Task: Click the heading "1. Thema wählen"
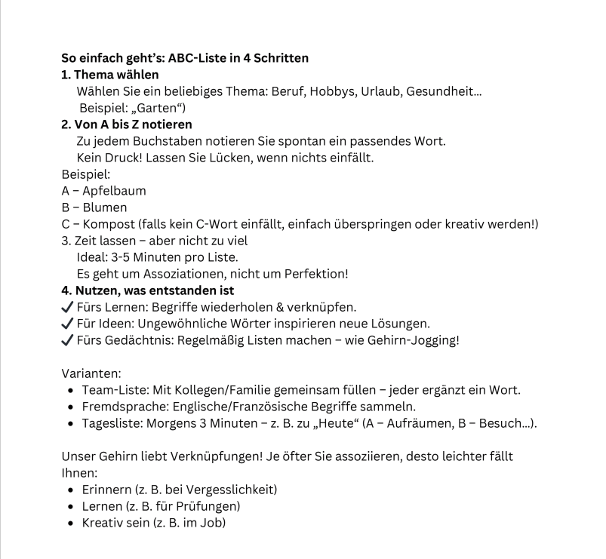click(x=109, y=75)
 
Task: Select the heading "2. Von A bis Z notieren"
click(x=126, y=124)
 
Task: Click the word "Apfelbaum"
click(x=114, y=191)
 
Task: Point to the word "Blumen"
click(x=104, y=207)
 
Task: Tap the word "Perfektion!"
click(x=315, y=274)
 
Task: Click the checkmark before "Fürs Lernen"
click(x=66, y=307)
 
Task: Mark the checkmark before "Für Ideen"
click(x=66, y=324)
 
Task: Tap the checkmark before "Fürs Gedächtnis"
click(x=66, y=340)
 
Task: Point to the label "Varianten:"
click(x=90, y=373)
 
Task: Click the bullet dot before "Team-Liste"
click(x=71, y=390)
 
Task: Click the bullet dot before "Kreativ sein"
click(x=71, y=523)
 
